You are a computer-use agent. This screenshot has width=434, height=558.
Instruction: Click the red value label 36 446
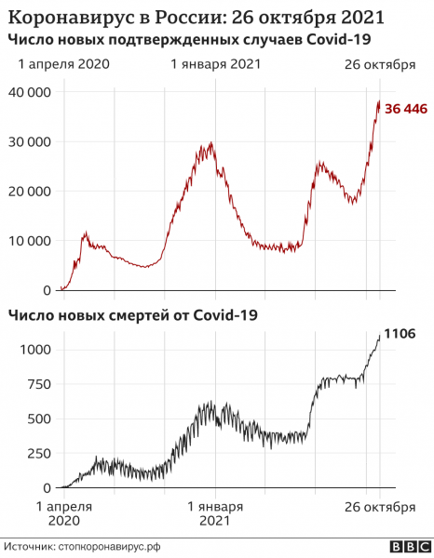(406, 110)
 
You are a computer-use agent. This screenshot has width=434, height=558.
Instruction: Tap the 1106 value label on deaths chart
(399, 334)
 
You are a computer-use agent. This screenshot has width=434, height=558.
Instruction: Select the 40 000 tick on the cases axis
(30, 93)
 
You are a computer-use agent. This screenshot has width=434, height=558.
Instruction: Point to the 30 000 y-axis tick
(30, 142)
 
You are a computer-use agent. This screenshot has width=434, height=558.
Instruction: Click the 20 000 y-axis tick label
(30, 192)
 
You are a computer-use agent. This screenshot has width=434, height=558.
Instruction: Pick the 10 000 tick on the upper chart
(30, 241)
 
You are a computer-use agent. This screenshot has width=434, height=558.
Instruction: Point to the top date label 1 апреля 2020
(63, 64)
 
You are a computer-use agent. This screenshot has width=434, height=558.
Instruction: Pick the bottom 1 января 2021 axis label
(215, 514)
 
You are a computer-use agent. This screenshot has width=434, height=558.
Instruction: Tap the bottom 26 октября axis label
(380, 507)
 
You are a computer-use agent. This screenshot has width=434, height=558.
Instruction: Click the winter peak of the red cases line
(212, 143)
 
